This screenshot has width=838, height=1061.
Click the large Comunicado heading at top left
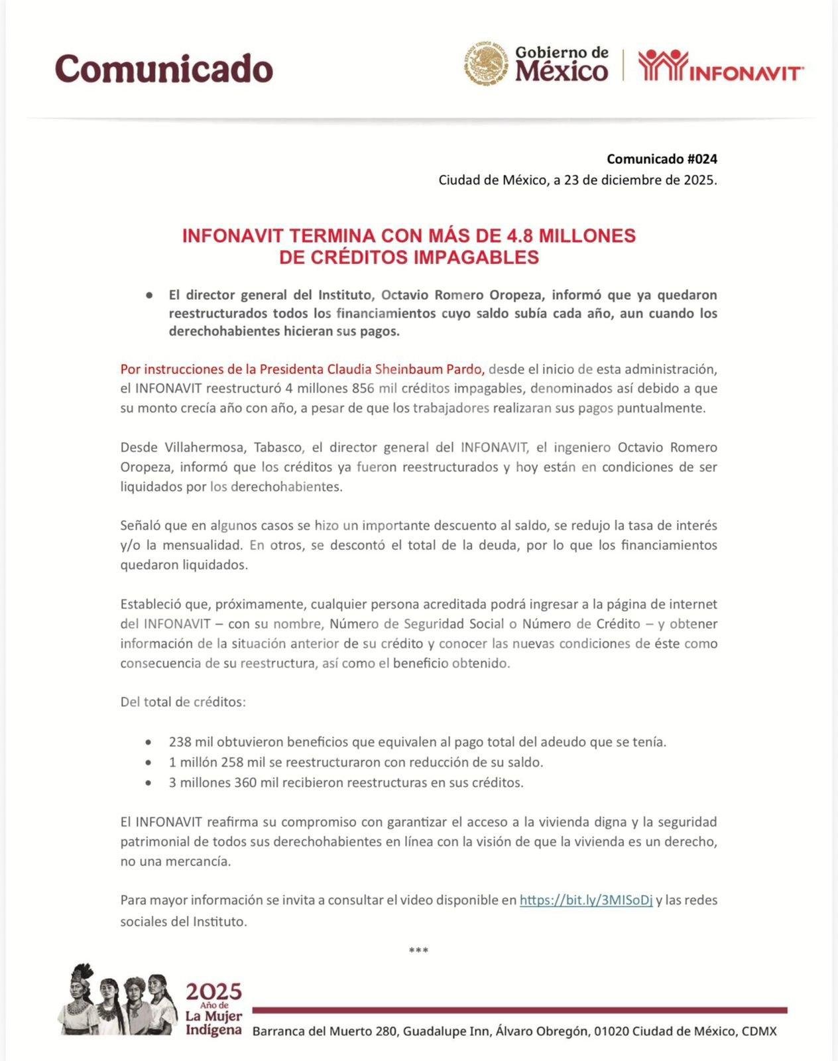click(x=164, y=68)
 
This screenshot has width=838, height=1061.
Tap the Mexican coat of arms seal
click(x=485, y=64)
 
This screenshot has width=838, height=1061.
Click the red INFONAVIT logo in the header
click(x=721, y=66)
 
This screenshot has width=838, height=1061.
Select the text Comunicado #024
click(x=662, y=159)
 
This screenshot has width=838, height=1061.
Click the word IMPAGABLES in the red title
click(x=476, y=257)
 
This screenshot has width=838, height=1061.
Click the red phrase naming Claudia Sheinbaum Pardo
click(x=302, y=369)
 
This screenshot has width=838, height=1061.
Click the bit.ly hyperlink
click(x=586, y=900)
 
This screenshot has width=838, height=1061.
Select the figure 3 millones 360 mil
click(x=223, y=782)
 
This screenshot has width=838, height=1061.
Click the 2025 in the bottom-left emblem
click(x=213, y=992)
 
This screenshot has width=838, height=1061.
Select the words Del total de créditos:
click(x=183, y=702)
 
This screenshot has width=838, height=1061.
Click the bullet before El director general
click(x=149, y=295)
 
